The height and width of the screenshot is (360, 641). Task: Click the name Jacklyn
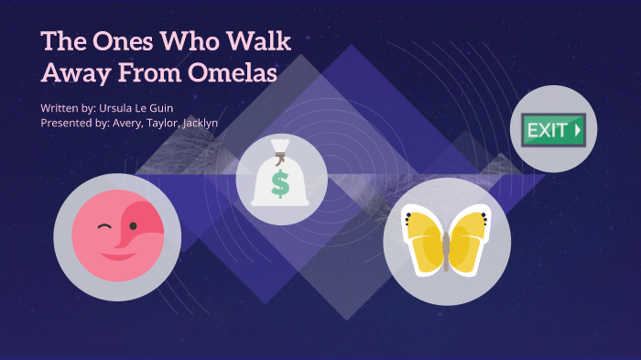click(197, 123)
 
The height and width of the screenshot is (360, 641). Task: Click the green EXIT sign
click(552, 130)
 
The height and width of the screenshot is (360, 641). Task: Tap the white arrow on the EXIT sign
click(577, 130)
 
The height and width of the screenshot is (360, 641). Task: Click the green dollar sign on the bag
click(280, 184)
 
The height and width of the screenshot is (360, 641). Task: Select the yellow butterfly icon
click(445, 241)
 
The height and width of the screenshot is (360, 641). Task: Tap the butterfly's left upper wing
click(424, 226)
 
